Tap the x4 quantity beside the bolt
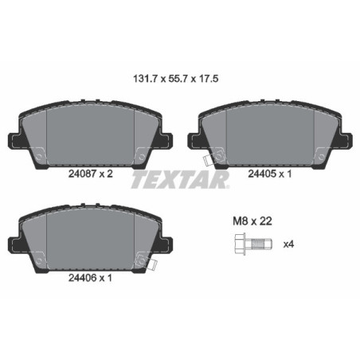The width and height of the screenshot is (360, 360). pos(289,243)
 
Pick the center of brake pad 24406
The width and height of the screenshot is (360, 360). pos(90,239)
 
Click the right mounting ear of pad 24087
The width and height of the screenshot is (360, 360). pos(167,139)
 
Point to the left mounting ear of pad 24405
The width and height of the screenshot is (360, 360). pos(194,139)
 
